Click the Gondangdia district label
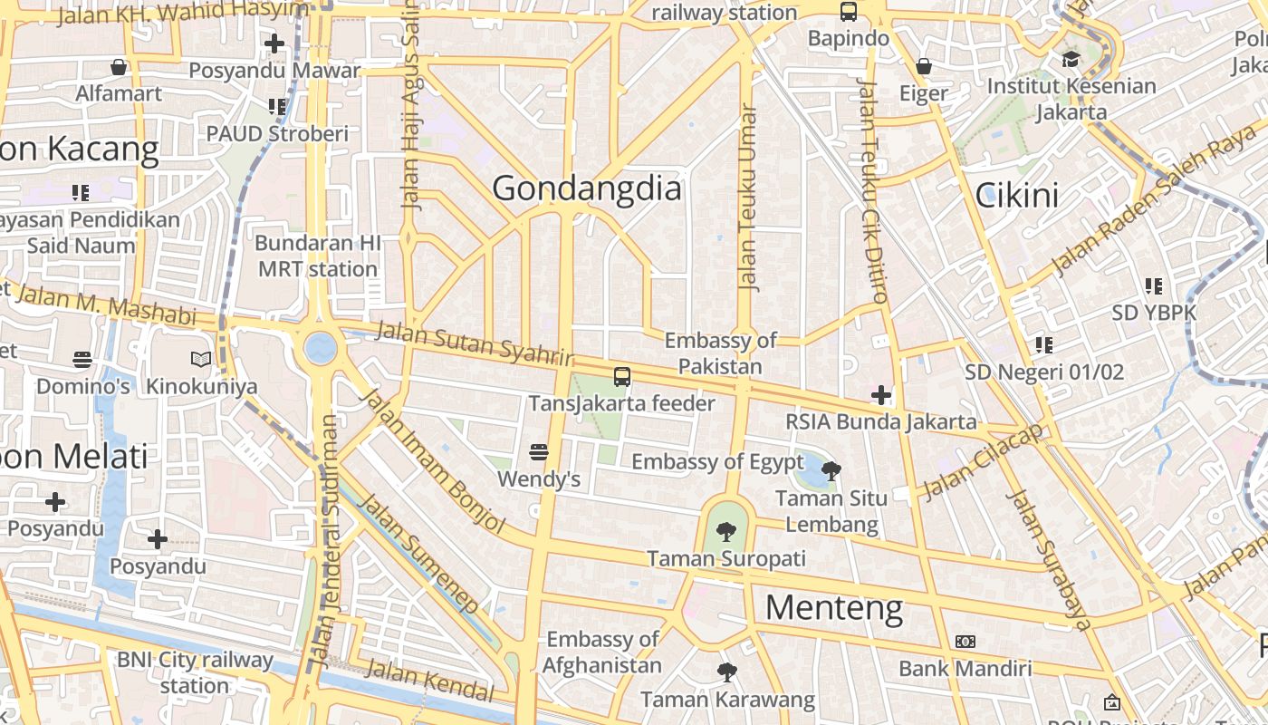(x=586, y=188)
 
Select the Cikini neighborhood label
(x=1016, y=195)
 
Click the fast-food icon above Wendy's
(x=539, y=451)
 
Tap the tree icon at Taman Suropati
(x=725, y=532)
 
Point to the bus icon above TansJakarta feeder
(x=622, y=377)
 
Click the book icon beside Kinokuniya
(x=201, y=360)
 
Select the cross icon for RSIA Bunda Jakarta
(x=881, y=395)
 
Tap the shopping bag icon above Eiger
(x=924, y=66)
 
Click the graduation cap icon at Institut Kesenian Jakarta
(x=1071, y=60)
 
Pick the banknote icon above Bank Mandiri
(x=965, y=642)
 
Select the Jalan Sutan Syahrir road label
(x=475, y=343)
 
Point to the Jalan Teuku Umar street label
(x=747, y=198)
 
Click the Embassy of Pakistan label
(x=720, y=353)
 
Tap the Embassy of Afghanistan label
(x=602, y=652)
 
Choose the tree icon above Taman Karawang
(x=726, y=672)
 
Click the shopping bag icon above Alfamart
(x=119, y=67)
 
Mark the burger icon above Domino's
(x=82, y=360)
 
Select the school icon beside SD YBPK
(x=1154, y=286)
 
